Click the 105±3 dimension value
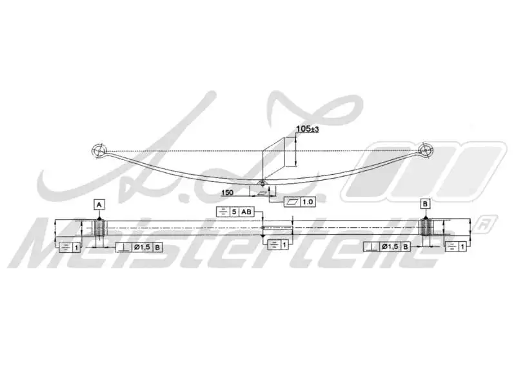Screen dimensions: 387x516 (306, 129)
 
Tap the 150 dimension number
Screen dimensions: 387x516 (227, 192)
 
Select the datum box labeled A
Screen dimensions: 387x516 (99, 204)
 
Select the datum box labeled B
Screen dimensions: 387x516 (424, 204)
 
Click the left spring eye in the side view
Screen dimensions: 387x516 (98, 152)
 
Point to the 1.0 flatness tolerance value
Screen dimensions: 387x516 (307, 202)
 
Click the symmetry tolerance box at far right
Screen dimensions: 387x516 (455, 247)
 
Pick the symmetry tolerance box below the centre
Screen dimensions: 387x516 (277, 244)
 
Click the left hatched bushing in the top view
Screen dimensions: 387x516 (100, 228)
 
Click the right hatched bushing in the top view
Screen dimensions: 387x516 (426, 228)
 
